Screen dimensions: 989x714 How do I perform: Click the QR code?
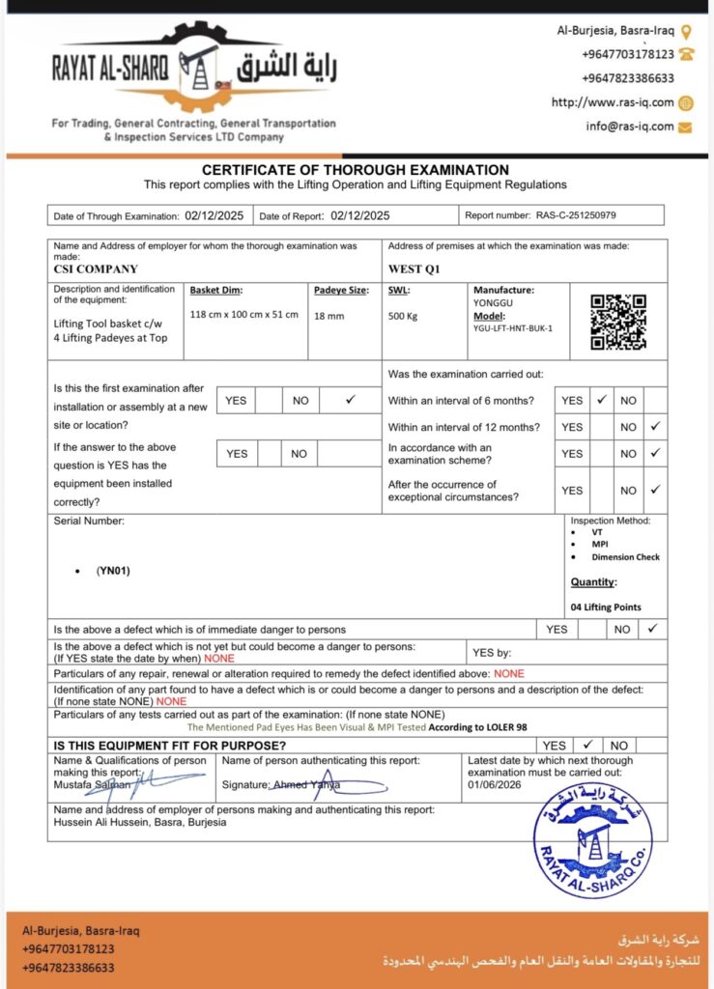(618, 322)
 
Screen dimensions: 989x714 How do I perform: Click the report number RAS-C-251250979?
(576, 215)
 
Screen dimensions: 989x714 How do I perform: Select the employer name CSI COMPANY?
(96, 269)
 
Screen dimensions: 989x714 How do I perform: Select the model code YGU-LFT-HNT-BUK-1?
(513, 328)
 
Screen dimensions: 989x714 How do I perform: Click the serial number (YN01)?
(113, 570)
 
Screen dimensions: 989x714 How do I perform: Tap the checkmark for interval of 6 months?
(601, 399)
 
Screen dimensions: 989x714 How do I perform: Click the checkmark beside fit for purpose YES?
(585, 745)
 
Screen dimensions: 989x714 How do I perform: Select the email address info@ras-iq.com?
(629, 127)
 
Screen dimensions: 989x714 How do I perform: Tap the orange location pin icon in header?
(686, 32)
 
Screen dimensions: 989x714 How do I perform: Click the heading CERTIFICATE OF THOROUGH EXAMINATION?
(356, 170)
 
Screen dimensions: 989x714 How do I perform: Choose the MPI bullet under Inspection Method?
(600, 544)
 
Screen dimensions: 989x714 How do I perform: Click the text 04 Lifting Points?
(606, 608)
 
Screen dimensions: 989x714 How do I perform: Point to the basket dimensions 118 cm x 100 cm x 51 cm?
(244, 315)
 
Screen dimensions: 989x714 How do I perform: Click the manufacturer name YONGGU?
(493, 301)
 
